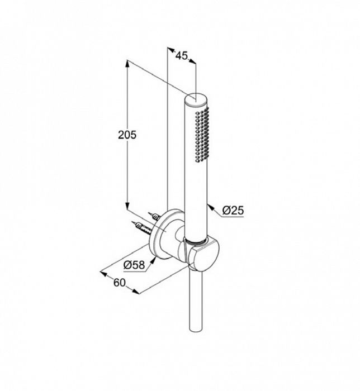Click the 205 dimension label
127,135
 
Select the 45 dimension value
181,56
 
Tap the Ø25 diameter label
233,211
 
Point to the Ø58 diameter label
134,265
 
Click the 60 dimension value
120,283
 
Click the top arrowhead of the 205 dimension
127,64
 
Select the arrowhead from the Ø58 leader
153,261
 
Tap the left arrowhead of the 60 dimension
103,274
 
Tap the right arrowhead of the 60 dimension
136,292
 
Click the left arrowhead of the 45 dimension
170,50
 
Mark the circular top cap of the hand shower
196,99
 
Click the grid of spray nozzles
202,135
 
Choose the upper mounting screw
154,216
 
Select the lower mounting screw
141,226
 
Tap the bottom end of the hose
196,330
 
